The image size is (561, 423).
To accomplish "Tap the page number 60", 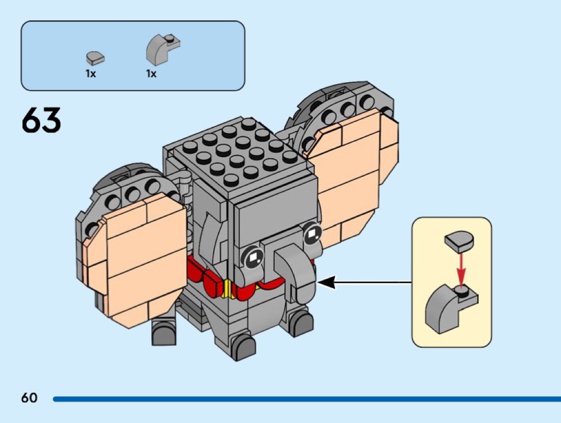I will click(x=29, y=397).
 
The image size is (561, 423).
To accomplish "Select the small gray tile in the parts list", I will click(x=95, y=57).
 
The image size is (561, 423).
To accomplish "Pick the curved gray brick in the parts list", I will click(x=161, y=49).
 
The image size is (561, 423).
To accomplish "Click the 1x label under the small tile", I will click(x=91, y=74).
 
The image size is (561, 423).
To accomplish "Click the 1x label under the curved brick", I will click(x=152, y=74).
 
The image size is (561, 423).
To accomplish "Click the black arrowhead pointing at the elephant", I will click(x=327, y=283).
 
